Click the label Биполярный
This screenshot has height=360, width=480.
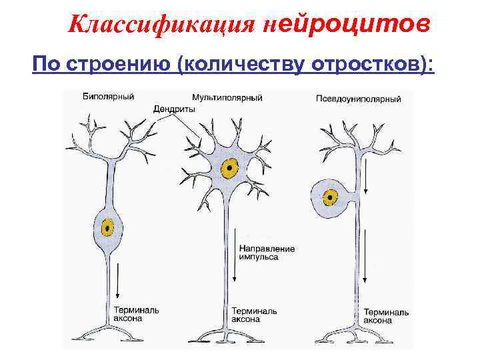(108, 96)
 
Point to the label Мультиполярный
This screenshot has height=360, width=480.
(227, 97)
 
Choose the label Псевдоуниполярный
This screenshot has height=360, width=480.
(359, 100)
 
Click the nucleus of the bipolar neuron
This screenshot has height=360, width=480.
(107, 229)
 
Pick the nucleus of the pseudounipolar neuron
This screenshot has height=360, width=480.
(329, 197)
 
